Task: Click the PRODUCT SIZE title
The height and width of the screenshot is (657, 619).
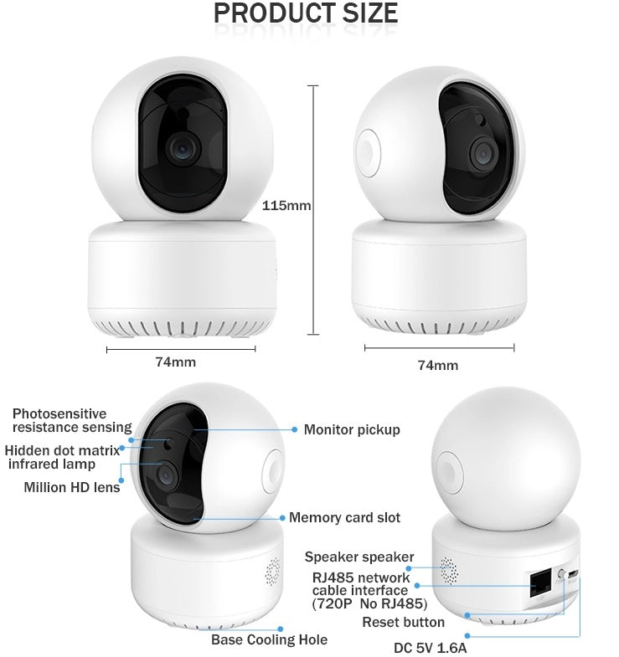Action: point(306,13)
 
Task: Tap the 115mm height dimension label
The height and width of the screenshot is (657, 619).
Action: point(286,205)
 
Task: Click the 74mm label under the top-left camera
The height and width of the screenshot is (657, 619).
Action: point(175,362)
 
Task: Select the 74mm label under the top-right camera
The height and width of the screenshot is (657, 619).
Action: point(438,365)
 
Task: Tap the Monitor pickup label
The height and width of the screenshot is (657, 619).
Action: point(352,429)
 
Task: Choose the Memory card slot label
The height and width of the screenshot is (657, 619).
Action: point(344,517)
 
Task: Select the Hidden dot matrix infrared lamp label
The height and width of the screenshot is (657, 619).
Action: point(62,457)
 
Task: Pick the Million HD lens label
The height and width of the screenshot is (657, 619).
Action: point(72,487)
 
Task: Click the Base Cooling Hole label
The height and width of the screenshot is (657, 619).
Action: point(269,639)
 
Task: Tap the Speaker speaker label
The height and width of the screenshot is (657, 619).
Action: point(359,557)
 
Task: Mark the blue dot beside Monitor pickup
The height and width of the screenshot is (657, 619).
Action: point(295,429)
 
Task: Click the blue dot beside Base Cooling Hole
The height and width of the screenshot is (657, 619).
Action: point(281,628)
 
